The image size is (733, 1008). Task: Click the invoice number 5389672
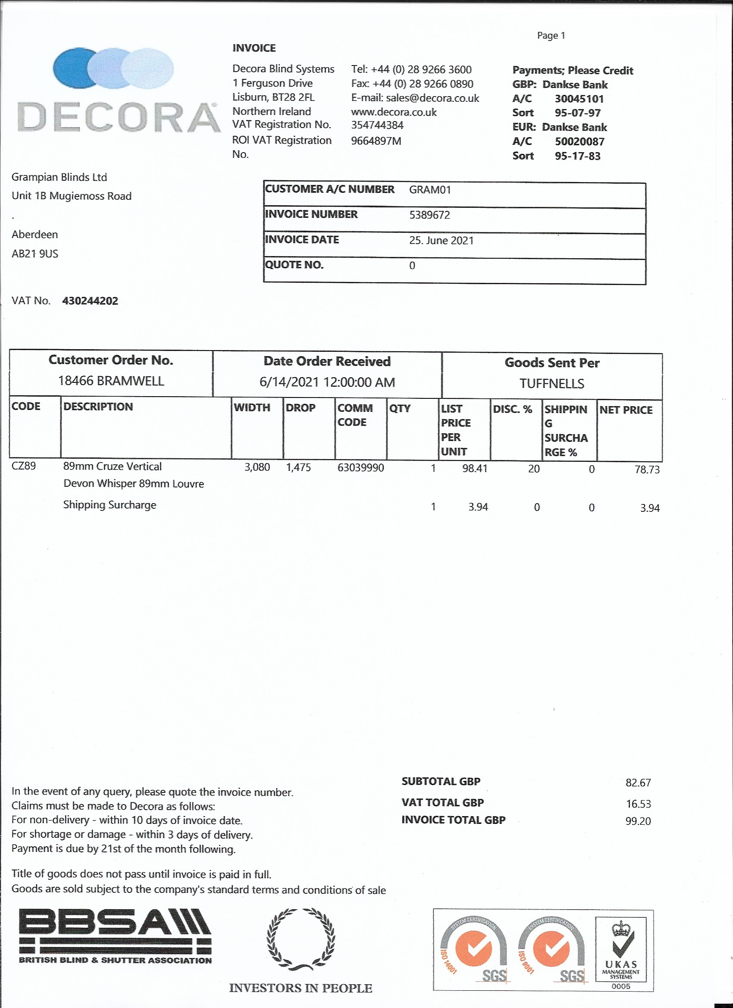pos(429,215)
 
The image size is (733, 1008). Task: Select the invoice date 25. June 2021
pos(442,241)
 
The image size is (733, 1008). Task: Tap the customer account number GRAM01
pos(430,190)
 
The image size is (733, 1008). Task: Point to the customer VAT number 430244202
pos(90,301)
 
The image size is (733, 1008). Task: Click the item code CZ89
pos(24,466)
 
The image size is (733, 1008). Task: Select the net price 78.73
pos(647,470)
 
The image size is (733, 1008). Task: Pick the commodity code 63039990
pos(360,467)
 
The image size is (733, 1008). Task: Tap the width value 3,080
pos(257,467)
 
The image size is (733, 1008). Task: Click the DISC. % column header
pos(512,409)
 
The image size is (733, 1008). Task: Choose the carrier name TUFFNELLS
pos(551,384)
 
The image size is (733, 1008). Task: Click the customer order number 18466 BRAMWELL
pos(111,381)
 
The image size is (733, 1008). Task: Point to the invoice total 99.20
pos(638,821)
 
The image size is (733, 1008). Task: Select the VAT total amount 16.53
pos(638,804)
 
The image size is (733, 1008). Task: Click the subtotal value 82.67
pos(638,783)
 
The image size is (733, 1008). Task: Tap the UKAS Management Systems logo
pos(621,951)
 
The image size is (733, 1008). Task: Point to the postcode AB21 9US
pos(34,254)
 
